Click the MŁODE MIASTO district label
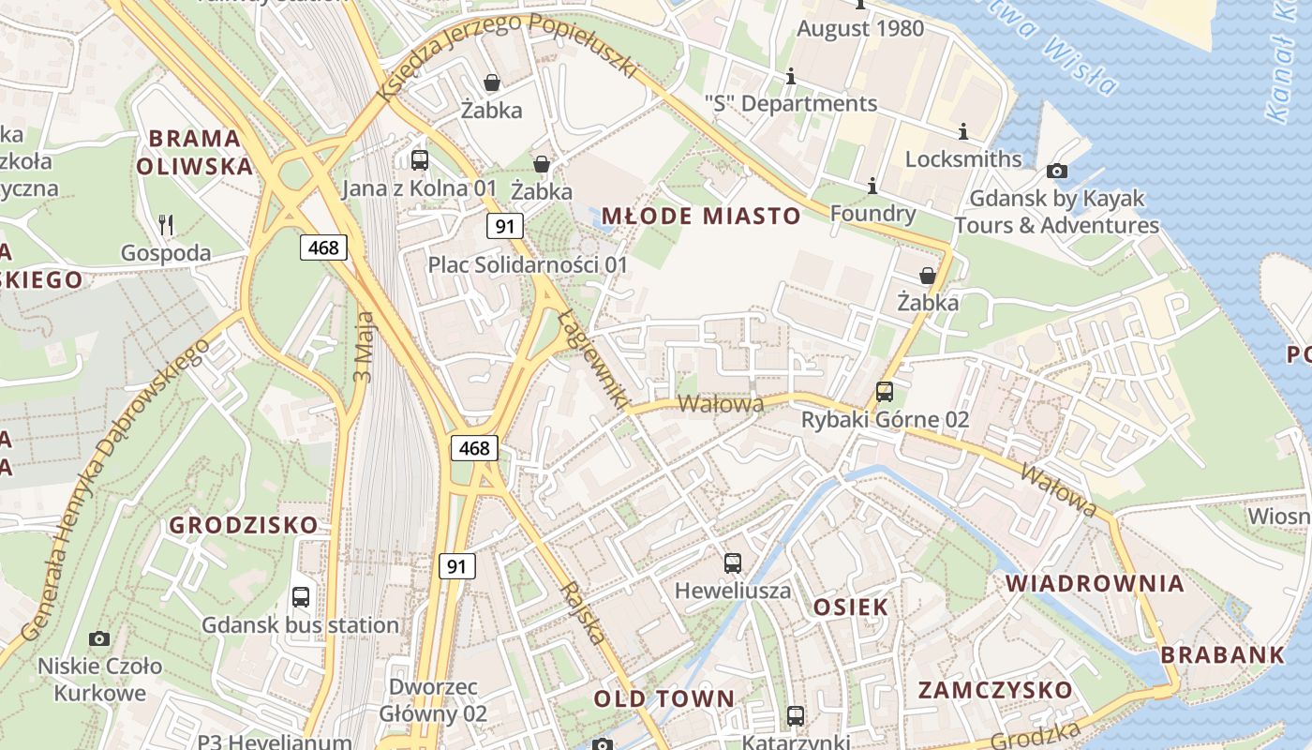[x=700, y=217]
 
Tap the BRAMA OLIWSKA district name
[x=195, y=153]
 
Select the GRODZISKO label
[x=244, y=525]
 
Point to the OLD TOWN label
[x=664, y=698]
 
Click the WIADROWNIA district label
[x=1095, y=583]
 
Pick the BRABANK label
[x=1223, y=655]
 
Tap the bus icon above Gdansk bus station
[x=301, y=597]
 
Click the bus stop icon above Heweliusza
[x=733, y=563]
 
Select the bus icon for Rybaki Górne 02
[x=885, y=392]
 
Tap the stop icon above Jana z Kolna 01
[x=420, y=160]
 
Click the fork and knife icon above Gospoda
[x=167, y=224]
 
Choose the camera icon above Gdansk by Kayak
[x=1056, y=171]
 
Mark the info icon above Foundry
[x=872, y=187]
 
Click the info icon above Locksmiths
[x=962, y=131]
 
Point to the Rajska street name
[x=582, y=613]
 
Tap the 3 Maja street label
[x=364, y=347]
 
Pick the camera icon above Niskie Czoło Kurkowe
[x=99, y=639]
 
